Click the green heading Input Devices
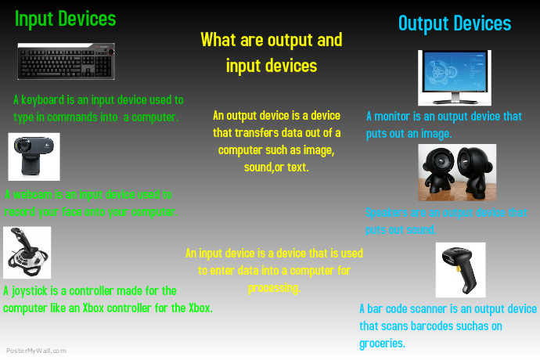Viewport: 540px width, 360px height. (x=65, y=18)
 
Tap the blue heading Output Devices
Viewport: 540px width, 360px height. (x=454, y=23)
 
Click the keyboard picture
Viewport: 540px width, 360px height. (x=66, y=61)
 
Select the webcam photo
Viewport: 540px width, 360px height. (x=34, y=157)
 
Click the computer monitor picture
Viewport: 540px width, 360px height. (x=453, y=77)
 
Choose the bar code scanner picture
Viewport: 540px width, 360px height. (x=460, y=269)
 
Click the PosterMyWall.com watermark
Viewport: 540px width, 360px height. (x=36, y=351)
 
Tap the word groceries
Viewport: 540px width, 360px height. (x=382, y=343)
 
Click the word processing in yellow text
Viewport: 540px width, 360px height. (x=274, y=287)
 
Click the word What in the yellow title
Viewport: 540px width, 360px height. (x=217, y=39)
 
